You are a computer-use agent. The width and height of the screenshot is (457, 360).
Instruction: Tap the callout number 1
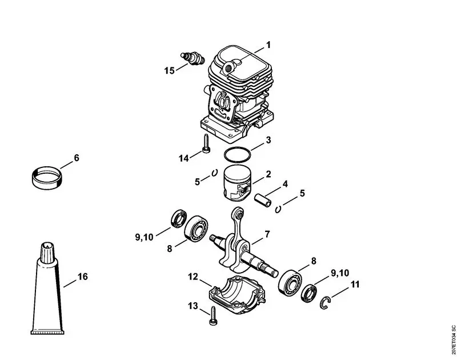268,45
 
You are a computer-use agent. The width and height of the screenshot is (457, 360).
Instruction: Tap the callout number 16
83,277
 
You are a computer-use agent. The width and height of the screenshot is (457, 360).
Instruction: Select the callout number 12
193,277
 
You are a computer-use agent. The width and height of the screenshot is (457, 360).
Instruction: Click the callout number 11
355,284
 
